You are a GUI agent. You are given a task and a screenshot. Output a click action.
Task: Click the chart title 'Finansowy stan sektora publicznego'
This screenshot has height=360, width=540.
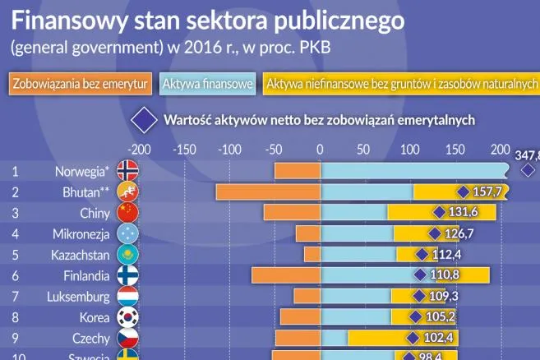pyautogui.click(x=208, y=20)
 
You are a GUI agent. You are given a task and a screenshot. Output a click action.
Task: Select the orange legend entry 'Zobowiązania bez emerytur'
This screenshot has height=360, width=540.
pyautogui.click(x=81, y=84)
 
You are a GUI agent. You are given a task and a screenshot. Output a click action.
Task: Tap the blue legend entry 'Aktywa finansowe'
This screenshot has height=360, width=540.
pyautogui.click(x=207, y=84)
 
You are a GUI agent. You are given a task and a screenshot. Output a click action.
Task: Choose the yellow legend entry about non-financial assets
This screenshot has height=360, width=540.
pyautogui.click(x=401, y=84)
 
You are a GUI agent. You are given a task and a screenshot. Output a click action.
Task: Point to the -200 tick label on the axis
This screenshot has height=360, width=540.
pyautogui.click(x=140, y=150)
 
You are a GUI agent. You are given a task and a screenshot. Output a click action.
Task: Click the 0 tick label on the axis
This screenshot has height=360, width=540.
pyautogui.click(x=320, y=150)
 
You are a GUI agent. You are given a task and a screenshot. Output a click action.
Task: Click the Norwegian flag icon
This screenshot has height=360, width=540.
pyautogui.click(x=128, y=171)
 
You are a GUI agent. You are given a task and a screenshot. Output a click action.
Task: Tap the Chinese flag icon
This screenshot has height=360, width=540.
pyautogui.click(x=128, y=213)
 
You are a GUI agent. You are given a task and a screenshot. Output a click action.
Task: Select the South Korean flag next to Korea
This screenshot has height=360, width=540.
pyautogui.click(x=128, y=316)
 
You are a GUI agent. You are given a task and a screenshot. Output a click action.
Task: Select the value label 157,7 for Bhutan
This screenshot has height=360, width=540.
pyautogui.click(x=488, y=192)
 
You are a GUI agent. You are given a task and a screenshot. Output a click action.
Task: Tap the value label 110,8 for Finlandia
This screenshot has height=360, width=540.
pyautogui.click(x=448, y=275)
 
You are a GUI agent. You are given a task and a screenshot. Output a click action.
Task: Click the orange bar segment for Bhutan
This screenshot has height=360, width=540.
pyautogui.click(x=268, y=192)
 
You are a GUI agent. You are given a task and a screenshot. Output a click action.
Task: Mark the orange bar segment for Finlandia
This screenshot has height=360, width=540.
pyautogui.click(x=286, y=275)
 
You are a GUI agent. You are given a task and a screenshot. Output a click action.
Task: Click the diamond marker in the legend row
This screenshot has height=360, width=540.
pyautogui.click(x=146, y=119)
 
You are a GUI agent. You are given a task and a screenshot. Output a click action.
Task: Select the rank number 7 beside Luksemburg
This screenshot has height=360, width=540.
pyautogui.click(x=15, y=296)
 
